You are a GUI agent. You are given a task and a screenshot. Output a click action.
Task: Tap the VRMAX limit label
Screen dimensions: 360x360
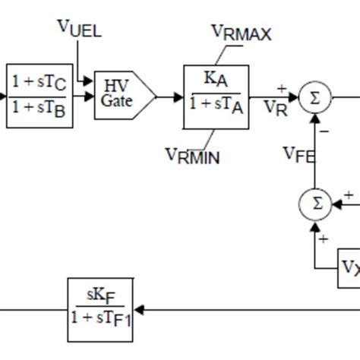(241, 33)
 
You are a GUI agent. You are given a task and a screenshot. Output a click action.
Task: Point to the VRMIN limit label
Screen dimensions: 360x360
(192, 156)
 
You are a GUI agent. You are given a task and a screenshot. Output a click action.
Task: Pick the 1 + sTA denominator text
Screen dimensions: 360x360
(216, 107)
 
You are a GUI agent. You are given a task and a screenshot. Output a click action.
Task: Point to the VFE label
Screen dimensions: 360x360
(300, 154)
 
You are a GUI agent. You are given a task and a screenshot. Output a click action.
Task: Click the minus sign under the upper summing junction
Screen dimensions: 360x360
(324, 130)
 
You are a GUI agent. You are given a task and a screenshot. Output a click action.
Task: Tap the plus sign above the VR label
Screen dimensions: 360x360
(282, 88)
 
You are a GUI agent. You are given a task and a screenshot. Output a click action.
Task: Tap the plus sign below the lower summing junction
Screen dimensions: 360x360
(324, 239)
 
